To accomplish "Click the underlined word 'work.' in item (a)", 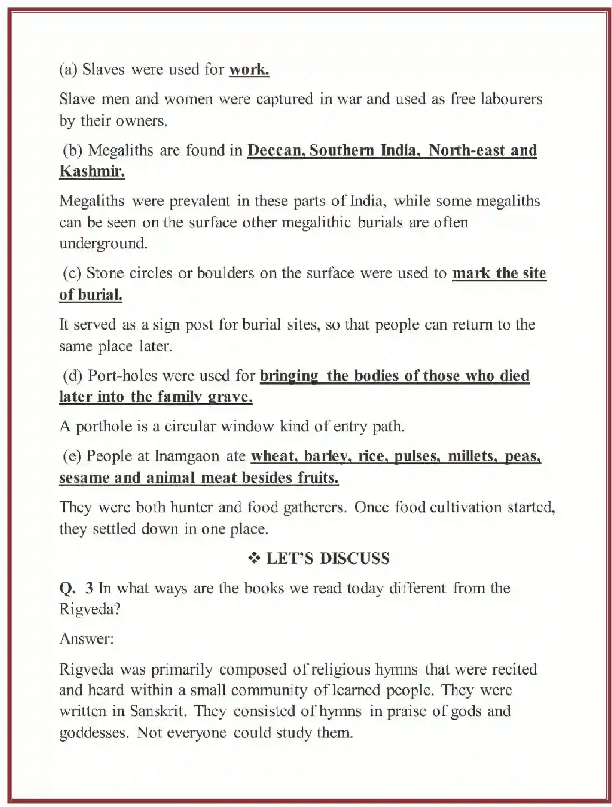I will [249, 69].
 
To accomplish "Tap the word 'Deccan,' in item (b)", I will [276, 150].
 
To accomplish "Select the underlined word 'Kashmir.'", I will [92, 171].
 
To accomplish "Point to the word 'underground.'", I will [103, 243].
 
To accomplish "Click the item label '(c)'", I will [72, 273].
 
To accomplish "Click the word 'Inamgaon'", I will [187, 456].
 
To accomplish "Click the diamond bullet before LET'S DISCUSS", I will [254, 558].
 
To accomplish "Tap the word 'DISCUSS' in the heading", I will [354, 558].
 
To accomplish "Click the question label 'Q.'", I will [67, 588].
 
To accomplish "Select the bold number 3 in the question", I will [89, 588].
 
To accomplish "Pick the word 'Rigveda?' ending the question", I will [90, 609].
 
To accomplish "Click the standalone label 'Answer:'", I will [86, 639].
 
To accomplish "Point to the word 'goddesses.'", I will [94, 732].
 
